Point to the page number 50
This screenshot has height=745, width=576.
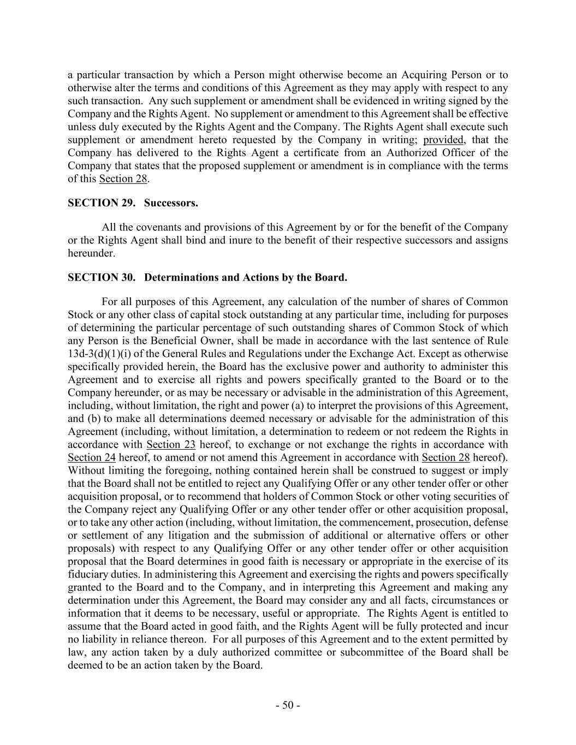(288, 705)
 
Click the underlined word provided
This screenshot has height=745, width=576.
(443, 140)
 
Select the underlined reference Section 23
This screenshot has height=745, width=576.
(171, 444)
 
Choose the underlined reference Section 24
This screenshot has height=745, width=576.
(92, 457)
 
